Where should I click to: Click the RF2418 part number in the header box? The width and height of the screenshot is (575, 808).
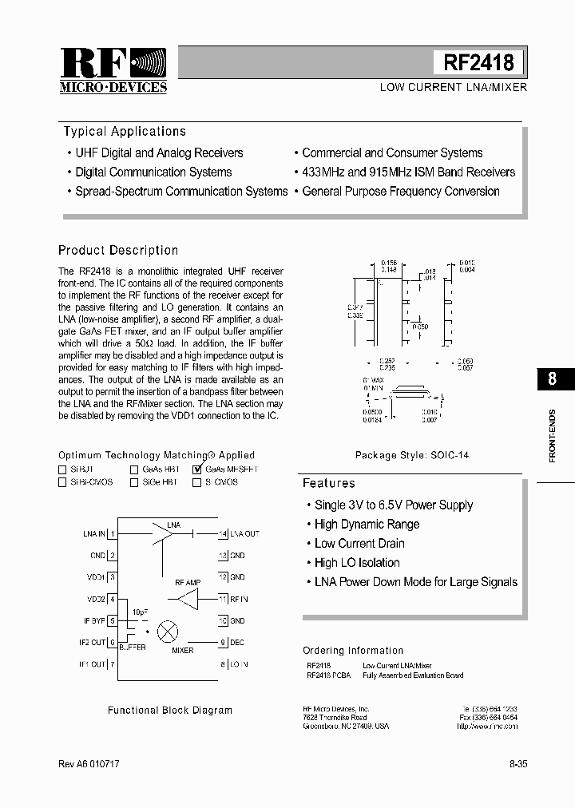pyautogui.click(x=479, y=62)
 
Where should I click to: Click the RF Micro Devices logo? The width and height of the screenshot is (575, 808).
pyautogui.click(x=113, y=70)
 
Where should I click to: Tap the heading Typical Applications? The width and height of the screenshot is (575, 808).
pyautogui.click(x=125, y=132)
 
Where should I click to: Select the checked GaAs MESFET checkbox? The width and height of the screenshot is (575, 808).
pyautogui.click(x=197, y=470)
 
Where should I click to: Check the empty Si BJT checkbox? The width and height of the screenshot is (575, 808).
pyautogui.click(x=62, y=470)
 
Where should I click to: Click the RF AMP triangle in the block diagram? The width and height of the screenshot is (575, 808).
pyautogui.click(x=187, y=599)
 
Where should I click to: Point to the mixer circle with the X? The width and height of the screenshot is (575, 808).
pyautogui.click(x=168, y=631)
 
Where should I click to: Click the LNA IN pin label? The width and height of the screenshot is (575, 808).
pyautogui.click(x=93, y=533)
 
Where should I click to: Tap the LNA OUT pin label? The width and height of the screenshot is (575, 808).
pyautogui.click(x=244, y=533)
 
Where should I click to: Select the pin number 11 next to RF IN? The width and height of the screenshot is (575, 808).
pyautogui.click(x=223, y=599)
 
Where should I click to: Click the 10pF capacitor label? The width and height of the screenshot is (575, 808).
pyautogui.click(x=140, y=612)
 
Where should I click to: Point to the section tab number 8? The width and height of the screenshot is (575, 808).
pyautogui.click(x=552, y=379)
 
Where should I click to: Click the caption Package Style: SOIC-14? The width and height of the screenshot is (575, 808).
pyautogui.click(x=412, y=455)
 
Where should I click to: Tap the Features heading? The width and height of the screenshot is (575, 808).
pyautogui.click(x=329, y=483)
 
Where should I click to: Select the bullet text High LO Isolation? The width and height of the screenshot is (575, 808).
pyautogui.click(x=357, y=563)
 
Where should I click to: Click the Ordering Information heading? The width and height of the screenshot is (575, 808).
pyautogui.click(x=353, y=651)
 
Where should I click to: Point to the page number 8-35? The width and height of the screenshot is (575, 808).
pyautogui.click(x=517, y=764)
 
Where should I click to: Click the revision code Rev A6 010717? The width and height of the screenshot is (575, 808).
pyautogui.click(x=89, y=764)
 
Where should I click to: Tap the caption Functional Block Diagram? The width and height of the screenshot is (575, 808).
pyautogui.click(x=170, y=710)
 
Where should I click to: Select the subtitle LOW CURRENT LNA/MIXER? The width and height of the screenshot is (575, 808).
pyautogui.click(x=453, y=87)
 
